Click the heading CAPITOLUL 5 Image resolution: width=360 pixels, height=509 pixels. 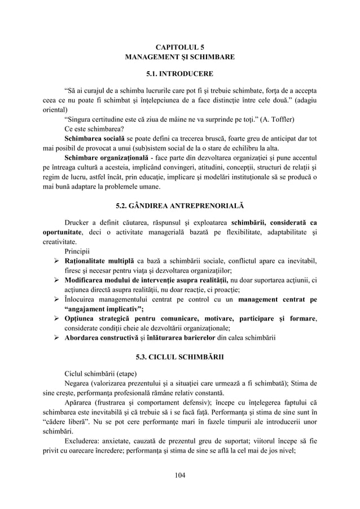(179, 49)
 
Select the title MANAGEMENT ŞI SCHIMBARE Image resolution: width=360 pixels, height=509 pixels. (179, 58)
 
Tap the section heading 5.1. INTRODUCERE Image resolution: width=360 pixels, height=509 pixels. (179, 74)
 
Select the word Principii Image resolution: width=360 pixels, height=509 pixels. (80, 251)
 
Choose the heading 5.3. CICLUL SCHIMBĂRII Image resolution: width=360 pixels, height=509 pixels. (179, 357)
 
